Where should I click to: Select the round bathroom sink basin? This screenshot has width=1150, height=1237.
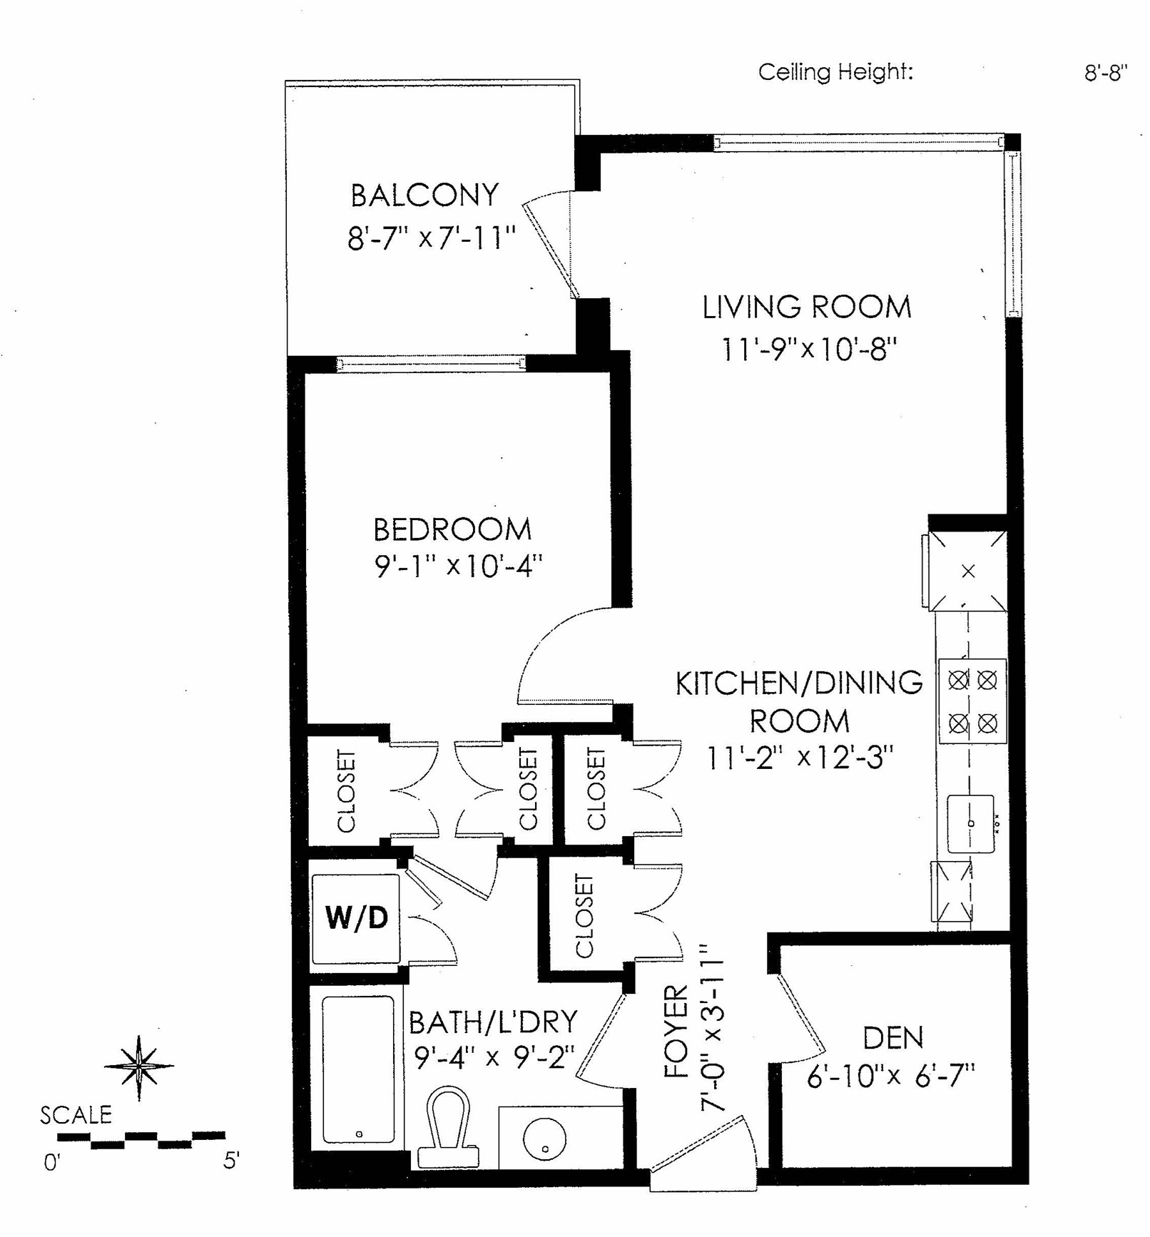click(544, 1139)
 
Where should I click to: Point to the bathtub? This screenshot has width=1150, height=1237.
click(358, 1070)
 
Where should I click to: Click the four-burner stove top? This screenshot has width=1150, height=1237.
click(972, 701)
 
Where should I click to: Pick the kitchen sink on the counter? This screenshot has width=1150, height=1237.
click(971, 824)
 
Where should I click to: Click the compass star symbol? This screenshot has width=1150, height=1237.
click(139, 1067)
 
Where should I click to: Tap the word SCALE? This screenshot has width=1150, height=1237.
click(76, 1115)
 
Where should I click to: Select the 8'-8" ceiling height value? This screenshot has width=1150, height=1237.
click(1106, 73)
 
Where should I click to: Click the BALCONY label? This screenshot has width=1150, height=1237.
click(424, 195)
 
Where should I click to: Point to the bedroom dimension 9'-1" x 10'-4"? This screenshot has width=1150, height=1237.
click(459, 566)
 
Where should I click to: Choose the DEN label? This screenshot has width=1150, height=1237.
click(893, 1038)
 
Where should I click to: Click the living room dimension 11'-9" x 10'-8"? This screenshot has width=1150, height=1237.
click(809, 350)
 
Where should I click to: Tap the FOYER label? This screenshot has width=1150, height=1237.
click(676, 1032)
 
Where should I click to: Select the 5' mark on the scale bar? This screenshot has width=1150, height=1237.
click(230, 1161)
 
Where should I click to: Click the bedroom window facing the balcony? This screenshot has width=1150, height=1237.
click(431, 364)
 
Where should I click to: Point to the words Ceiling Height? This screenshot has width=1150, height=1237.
click(835, 72)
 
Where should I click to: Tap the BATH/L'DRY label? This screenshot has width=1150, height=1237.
click(493, 1023)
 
